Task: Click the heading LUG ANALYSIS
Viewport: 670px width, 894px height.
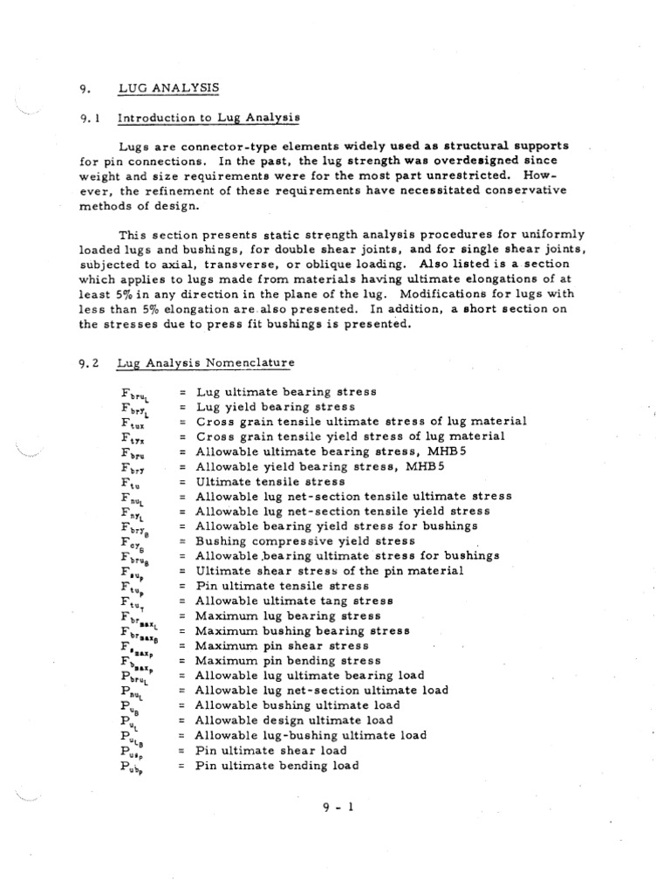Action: (169, 87)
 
